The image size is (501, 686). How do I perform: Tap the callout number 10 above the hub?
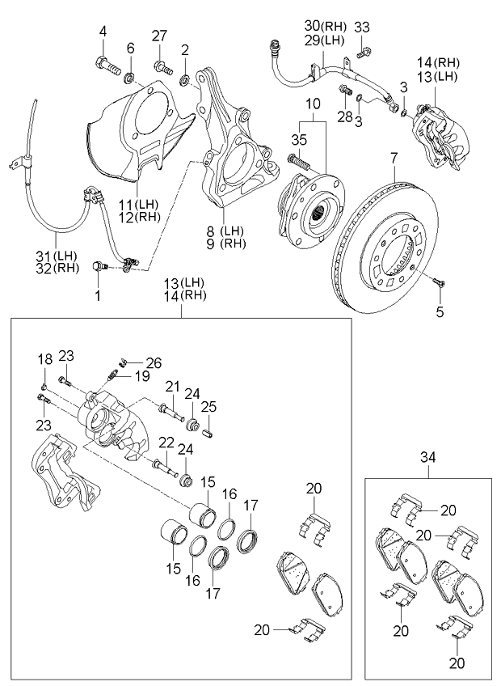(313, 104)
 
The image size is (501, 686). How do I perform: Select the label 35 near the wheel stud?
(299, 140)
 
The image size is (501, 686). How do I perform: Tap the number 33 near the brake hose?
(362, 28)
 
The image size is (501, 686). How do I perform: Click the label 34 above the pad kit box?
(429, 458)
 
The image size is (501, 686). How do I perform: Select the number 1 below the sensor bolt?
(98, 296)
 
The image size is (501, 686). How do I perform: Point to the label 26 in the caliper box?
(154, 362)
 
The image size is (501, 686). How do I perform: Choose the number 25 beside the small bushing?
(208, 407)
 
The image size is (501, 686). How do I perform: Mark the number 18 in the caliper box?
(44, 358)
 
